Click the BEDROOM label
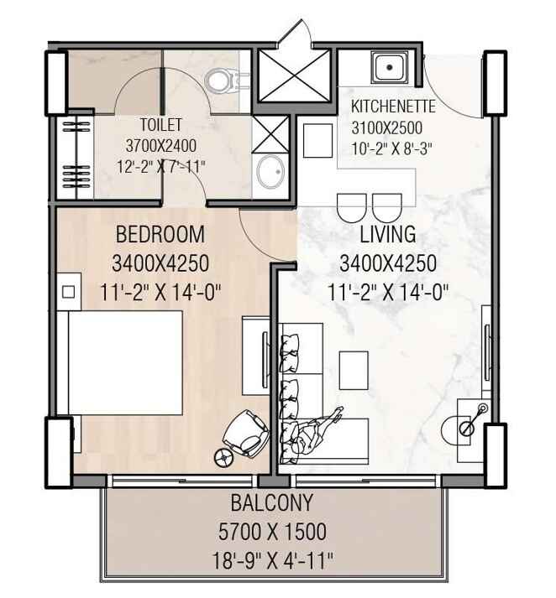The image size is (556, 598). pyautogui.click(x=160, y=235)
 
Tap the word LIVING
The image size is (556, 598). pyautogui.click(x=388, y=235)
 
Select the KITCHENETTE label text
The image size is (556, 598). pyautogui.click(x=393, y=107)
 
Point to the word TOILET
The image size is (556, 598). pyautogui.click(x=160, y=125)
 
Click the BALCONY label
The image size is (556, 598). pyautogui.click(x=272, y=503)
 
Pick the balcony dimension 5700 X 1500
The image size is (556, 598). pyautogui.click(x=272, y=532)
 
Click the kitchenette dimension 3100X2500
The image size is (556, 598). pyautogui.click(x=387, y=127)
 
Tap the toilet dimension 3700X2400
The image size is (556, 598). pyautogui.click(x=160, y=146)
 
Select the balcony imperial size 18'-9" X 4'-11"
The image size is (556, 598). pyautogui.click(x=273, y=561)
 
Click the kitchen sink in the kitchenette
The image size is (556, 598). pyautogui.click(x=390, y=67)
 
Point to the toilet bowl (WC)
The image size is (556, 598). pyautogui.click(x=223, y=81)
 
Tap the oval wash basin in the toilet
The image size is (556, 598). pyautogui.click(x=270, y=172)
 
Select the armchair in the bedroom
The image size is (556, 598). pyautogui.click(x=246, y=434)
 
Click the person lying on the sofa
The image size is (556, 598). pyautogui.click(x=316, y=431)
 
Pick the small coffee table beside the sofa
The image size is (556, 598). pyautogui.click(x=354, y=371)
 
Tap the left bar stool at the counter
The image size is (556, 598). pyautogui.click(x=352, y=208)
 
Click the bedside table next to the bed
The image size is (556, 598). pyautogui.click(x=69, y=292)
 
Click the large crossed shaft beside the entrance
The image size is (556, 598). pyautogui.click(x=294, y=75)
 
